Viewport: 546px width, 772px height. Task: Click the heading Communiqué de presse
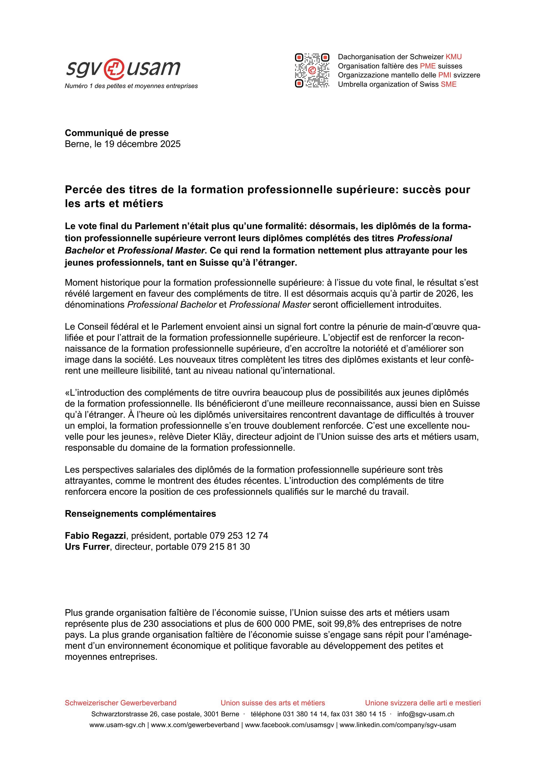(117, 133)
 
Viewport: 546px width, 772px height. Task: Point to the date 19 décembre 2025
(142, 144)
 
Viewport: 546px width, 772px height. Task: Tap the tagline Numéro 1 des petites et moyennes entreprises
(131, 86)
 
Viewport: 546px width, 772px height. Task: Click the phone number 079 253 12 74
(239, 536)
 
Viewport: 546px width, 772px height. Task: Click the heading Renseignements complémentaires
(140, 514)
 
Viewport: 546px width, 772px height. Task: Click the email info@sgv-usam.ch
(426, 714)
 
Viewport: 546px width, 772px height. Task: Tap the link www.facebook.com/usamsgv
(289, 725)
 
